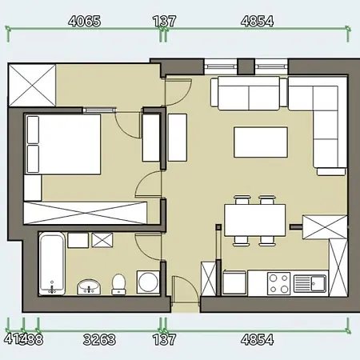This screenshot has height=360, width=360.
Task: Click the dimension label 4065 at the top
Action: coord(85,22)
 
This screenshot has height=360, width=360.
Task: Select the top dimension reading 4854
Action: coord(256,22)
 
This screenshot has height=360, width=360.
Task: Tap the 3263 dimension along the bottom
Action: coord(99,340)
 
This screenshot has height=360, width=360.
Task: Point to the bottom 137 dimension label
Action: coord(164,340)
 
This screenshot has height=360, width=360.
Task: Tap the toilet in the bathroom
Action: coord(118,283)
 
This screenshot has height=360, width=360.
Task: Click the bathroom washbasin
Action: coord(88,286)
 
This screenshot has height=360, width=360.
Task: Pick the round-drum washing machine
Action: coord(148,282)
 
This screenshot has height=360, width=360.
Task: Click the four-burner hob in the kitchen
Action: coord(279,283)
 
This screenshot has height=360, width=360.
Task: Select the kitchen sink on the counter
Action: coord(308,282)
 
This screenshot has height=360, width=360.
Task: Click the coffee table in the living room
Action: coord(260,142)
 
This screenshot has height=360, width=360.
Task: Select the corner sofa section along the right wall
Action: coord(328,128)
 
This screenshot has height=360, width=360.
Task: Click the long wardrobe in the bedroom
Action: coord(86,213)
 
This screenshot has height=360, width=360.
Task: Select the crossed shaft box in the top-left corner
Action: coord(31,85)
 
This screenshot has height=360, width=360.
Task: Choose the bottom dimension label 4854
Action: coord(256,340)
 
